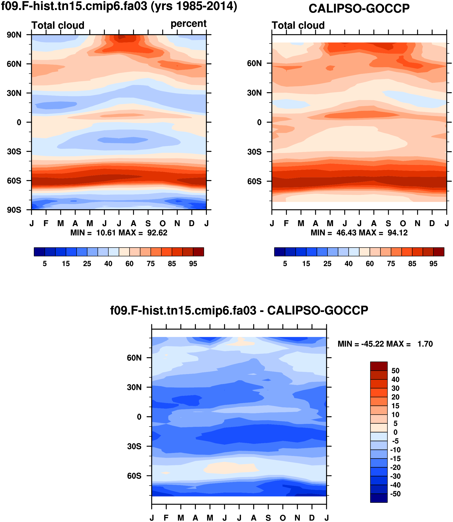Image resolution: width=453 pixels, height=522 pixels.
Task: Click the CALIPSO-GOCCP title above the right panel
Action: click(359, 9)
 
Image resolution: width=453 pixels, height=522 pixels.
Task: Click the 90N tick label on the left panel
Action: click(14, 35)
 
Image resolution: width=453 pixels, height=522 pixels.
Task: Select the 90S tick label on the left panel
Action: click(14, 210)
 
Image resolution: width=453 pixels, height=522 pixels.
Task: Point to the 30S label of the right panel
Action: click(254, 152)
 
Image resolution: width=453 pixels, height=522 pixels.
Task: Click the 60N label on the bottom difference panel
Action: click(134, 358)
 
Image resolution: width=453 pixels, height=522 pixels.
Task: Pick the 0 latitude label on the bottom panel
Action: click(139, 417)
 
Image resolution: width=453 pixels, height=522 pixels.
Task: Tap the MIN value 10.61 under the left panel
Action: click(106, 232)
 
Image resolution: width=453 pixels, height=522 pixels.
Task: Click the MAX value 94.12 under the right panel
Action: click(398, 232)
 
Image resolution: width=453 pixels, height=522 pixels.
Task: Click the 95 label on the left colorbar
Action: click(193, 264)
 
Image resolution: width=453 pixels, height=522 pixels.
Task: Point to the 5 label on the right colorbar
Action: click(285, 264)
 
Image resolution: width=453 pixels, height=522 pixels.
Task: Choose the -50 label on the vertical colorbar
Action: click(395, 494)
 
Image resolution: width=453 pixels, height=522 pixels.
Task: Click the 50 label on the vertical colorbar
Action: click(395, 371)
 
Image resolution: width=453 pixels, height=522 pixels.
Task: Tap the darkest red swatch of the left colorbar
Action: click(198, 252)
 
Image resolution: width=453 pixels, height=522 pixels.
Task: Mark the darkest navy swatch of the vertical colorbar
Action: click(379, 498)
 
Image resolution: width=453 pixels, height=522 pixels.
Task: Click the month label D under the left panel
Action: click(192, 223)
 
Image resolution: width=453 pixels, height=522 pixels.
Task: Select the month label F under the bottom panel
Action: click(166, 518)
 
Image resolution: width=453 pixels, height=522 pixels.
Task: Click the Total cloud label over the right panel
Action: click(298, 25)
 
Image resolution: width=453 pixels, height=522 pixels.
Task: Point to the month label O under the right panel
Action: click(403, 223)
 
